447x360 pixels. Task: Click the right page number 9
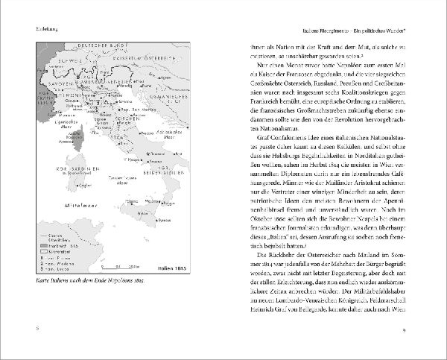423,329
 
